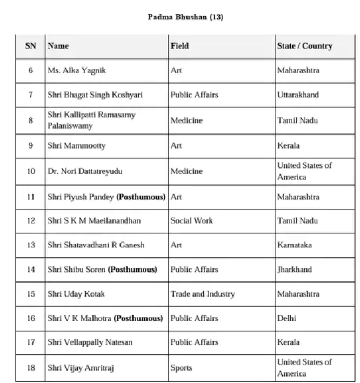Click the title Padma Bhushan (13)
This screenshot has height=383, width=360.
click(x=185, y=17)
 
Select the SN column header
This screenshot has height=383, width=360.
click(x=31, y=46)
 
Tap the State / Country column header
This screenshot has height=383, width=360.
click(x=304, y=46)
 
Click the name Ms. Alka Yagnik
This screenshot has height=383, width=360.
click(x=76, y=70)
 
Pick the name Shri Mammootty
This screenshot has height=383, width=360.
click(x=76, y=146)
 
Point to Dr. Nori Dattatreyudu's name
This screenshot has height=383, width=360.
click(x=85, y=171)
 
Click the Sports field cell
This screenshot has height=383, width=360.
click(x=181, y=368)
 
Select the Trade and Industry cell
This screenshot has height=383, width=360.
click(x=202, y=294)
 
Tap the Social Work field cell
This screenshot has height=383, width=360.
click(x=191, y=220)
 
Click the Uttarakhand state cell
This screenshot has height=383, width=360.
click(x=298, y=95)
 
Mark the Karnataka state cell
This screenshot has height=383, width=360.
click(x=294, y=245)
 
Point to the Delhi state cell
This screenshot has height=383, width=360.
click(x=286, y=318)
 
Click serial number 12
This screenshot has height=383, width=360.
click(x=31, y=220)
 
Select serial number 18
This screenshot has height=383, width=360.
click(x=31, y=368)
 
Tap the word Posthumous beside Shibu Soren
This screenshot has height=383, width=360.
click(x=132, y=269)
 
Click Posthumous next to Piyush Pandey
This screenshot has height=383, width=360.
click(x=141, y=197)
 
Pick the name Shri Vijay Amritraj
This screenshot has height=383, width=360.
click(x=80, y=368)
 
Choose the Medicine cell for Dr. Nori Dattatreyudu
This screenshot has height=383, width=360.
click(x=186, y=171)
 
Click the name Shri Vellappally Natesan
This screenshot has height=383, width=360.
click(x=90, y=342)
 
